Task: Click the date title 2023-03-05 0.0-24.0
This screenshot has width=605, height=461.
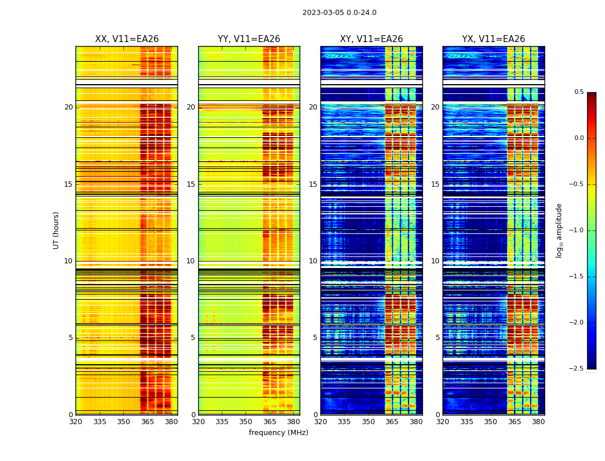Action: pyautogui.click(x=339, y=13)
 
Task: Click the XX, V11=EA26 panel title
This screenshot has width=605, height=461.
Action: pyautogui.click(x=127, y=39)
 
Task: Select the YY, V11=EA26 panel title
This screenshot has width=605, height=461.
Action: pyautogui.click(x=249, y=39)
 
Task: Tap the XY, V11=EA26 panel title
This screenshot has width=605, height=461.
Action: pyautogui.click(x=371, y=39)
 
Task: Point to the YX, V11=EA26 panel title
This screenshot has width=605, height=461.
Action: pyautogui.click(x=493, y=39)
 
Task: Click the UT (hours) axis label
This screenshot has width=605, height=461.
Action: pyautogui.click(x=56, y=230)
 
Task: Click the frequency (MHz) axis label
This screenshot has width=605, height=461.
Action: pyautogui.click(x=278, y=433)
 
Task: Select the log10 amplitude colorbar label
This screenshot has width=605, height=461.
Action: pyautogui.click(x=559, y=230)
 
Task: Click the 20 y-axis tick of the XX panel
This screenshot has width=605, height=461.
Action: pyautogui.click(x=69, y=107)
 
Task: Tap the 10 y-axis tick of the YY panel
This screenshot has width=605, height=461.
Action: pyautogui.click(x=191, y=261)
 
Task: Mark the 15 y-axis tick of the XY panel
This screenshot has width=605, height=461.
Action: pyautogui.click(x=313, y=184)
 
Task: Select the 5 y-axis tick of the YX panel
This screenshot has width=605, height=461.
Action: pyautogui.click(x=437, y=338)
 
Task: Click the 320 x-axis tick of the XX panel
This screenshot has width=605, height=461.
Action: pyautogui.click(x=75, y=421)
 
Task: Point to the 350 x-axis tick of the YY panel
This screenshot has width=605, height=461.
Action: pyautogui.click(x=246, y=421)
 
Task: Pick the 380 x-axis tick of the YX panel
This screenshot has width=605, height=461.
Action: pyautogui.click(x=538, y=421)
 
